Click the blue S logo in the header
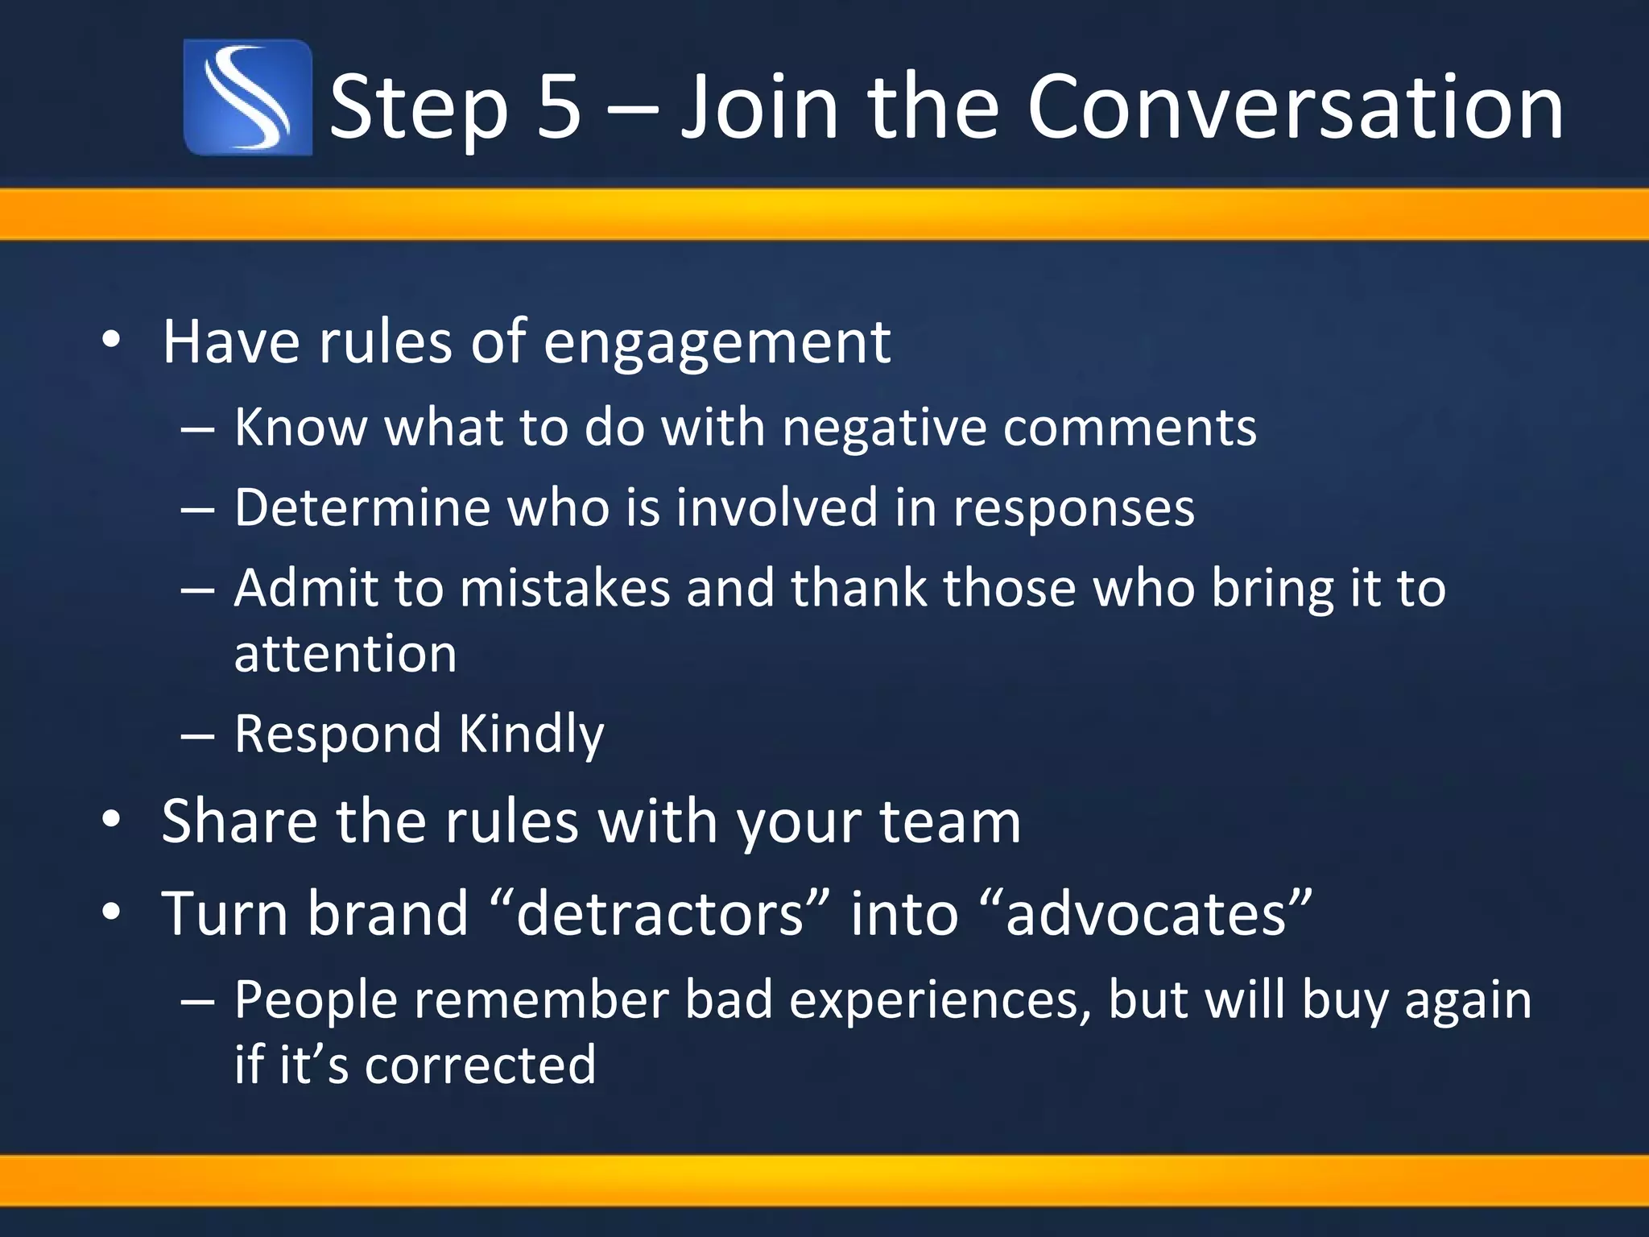247,97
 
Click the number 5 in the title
558,107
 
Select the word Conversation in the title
1294,107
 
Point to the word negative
884,428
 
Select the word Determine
362,508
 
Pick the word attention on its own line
345,653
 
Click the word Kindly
531,735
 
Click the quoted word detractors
660,914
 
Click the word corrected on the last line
480,1065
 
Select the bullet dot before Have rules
111,341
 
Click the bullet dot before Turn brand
111,912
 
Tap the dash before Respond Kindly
197,735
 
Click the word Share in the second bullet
239,822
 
